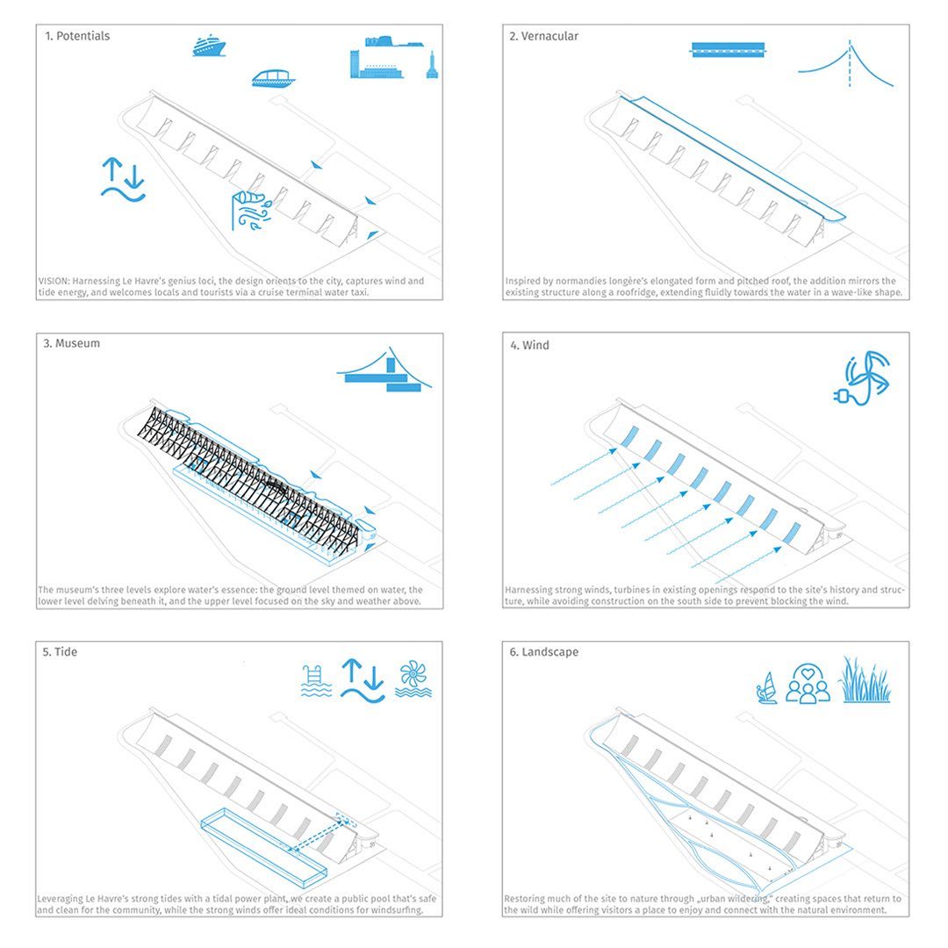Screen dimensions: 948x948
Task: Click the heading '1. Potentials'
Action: (x=78, y=36)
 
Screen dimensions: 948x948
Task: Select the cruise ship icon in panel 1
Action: (x=210, y=46)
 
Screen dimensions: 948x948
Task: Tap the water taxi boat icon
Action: (x=273, y=78)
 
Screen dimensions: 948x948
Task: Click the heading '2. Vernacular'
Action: (x=544, y=36)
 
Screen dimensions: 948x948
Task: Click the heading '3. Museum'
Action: (x=71, y=343)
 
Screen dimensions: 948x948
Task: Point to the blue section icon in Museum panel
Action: (x=384, y=373)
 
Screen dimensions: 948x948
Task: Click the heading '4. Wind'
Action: (x=530, y=345)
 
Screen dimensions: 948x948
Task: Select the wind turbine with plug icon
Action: (x=861, y=378)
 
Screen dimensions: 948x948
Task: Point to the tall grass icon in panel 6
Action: (x=865, y=680)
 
